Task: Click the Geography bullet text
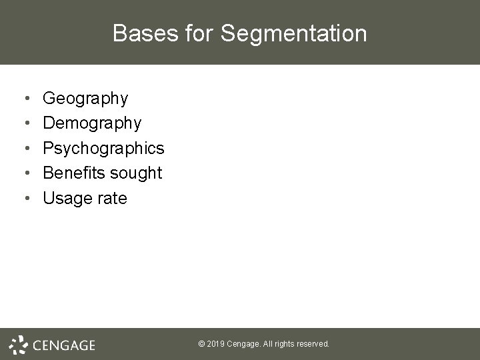[85, 99]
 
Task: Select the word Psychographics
[103, 149]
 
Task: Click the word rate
[112, 199]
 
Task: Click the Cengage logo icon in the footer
[18, 343]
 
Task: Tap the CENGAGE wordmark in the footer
[64, 345]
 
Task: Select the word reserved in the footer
[313, 344]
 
